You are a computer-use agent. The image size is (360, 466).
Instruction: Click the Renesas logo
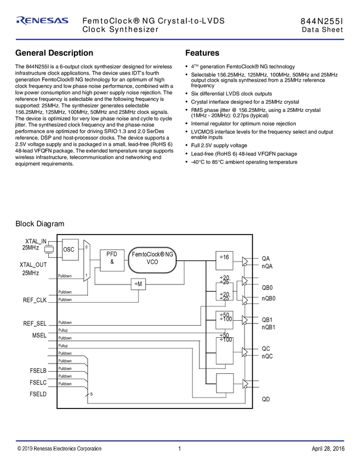(x=43, y=20)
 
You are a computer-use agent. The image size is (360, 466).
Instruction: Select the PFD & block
(x=112, y=258)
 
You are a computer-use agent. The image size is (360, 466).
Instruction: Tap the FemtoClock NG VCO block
(x=154, y=258)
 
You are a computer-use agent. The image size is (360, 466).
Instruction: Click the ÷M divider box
(x=138, y=283)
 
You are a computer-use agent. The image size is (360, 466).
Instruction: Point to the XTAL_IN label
(x=36, y=241)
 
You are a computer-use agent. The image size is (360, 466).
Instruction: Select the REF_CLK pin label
(x=36, y=300)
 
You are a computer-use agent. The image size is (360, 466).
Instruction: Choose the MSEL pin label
(x=39, y=334)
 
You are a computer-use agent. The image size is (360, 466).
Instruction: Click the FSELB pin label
(x=38, y=371)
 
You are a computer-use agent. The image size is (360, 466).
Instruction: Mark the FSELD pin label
(x=38, y=394)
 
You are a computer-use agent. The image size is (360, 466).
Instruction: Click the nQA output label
(x=267, y=266)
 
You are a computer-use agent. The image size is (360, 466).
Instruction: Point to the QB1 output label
(x=267, y=320)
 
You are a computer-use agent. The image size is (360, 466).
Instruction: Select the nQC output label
(x=267, y=356)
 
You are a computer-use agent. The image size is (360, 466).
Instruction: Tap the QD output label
(x=266, y=399)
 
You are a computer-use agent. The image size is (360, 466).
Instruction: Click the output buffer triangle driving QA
(x=245, y=262)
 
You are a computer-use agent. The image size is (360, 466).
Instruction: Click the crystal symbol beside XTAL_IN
(x=49, y=250)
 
